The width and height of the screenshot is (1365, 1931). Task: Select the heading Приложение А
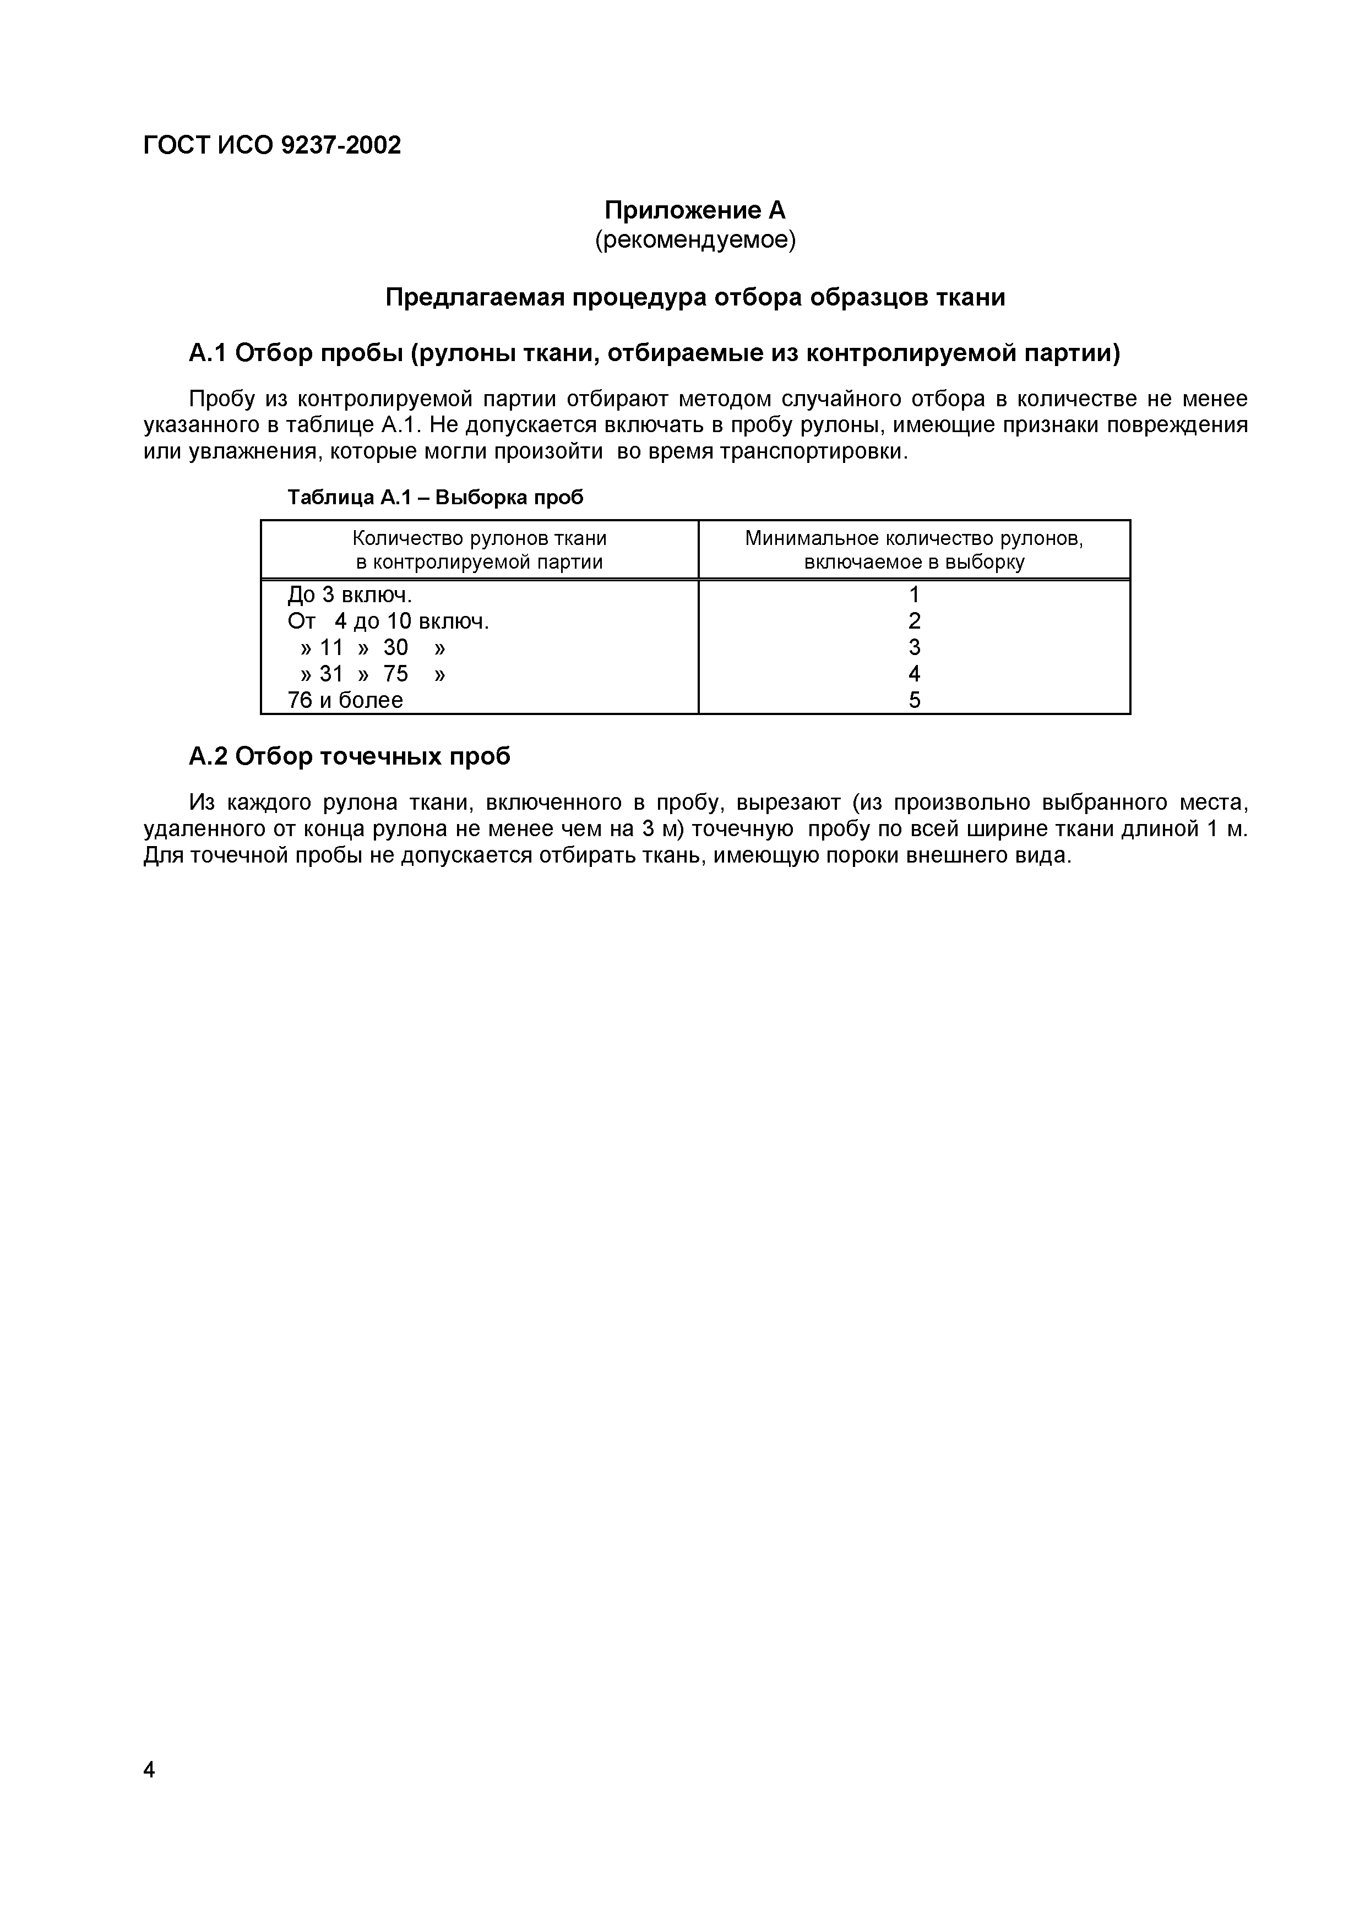click(695, 209)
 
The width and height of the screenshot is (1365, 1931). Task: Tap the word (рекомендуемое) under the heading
click(695, 241)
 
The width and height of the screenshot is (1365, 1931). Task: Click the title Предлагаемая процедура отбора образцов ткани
click(695, 298)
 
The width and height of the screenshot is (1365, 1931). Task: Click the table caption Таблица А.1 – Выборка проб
click(435, 498)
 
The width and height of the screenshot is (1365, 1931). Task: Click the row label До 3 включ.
click(350, 596)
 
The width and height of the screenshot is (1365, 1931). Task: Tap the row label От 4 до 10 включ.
click(388, 621)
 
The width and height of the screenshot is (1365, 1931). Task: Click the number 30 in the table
click(395, 647)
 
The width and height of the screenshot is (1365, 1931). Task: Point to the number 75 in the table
click(395, 674)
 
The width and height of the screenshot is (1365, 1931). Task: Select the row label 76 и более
click(345, 701)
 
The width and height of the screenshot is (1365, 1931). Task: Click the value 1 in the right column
click(914, 596)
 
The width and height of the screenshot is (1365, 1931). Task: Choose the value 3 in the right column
click(914, 647)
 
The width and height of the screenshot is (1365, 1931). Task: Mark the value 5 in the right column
click(914, 701)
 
